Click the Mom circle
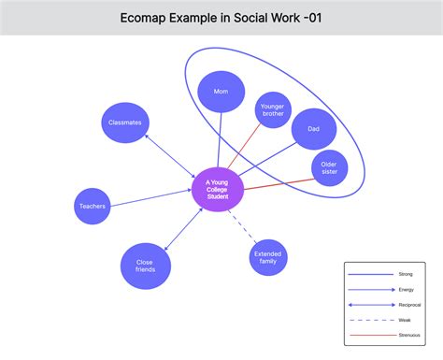pyautogui.click(x=221, y=93)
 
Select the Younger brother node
pyautogui.click(x=273, y=110)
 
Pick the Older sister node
pyautogui.click(x=328, y=168)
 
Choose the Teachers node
pyautogui.click(x=92, y=206)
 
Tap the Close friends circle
pyautogui.click(x=145, y=266)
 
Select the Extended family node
pyautogui.click(x=268, y=257)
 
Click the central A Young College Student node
pyautogui.click(x=217, y=190)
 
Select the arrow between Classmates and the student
pyautogui.click(x=167, y=156)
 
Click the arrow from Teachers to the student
pyautogui.click(x=150, y=197)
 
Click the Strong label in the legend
pyautogui.click(x=405, y=274)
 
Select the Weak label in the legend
pyautogui.click(x=405, y=319)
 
